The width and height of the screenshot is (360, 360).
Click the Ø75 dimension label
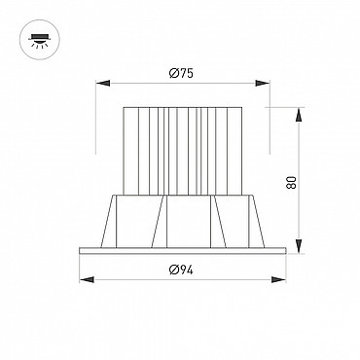[x=181, y=74]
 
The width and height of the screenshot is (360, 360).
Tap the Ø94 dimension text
[x=181, y=270]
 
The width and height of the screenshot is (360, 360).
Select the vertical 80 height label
[x=291, y=182]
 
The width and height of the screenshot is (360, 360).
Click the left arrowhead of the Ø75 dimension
[x=103, y=84]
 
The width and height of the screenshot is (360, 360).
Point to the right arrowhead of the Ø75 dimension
[x=263, y=84]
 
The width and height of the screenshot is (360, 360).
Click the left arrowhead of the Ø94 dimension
[x=87, y=279]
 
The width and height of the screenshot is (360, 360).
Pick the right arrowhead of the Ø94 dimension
[x=278, y=279]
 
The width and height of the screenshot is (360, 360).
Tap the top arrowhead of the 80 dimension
[x=299, y=115]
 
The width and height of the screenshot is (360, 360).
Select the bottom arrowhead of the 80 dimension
[x=299, y=246]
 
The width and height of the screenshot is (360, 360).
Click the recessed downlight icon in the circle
[x=40, y=40]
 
